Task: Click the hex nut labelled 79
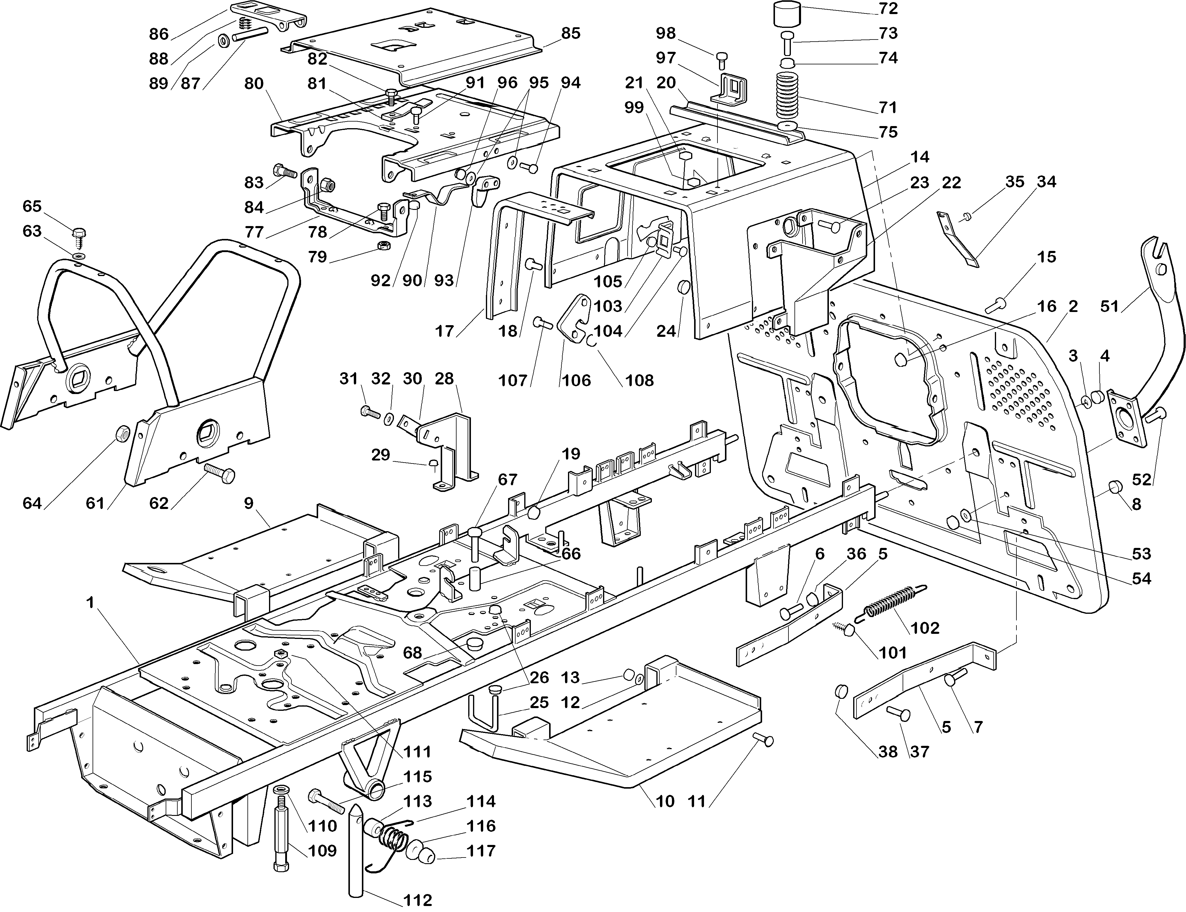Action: point(382,246)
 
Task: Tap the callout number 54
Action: point(1141,579)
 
